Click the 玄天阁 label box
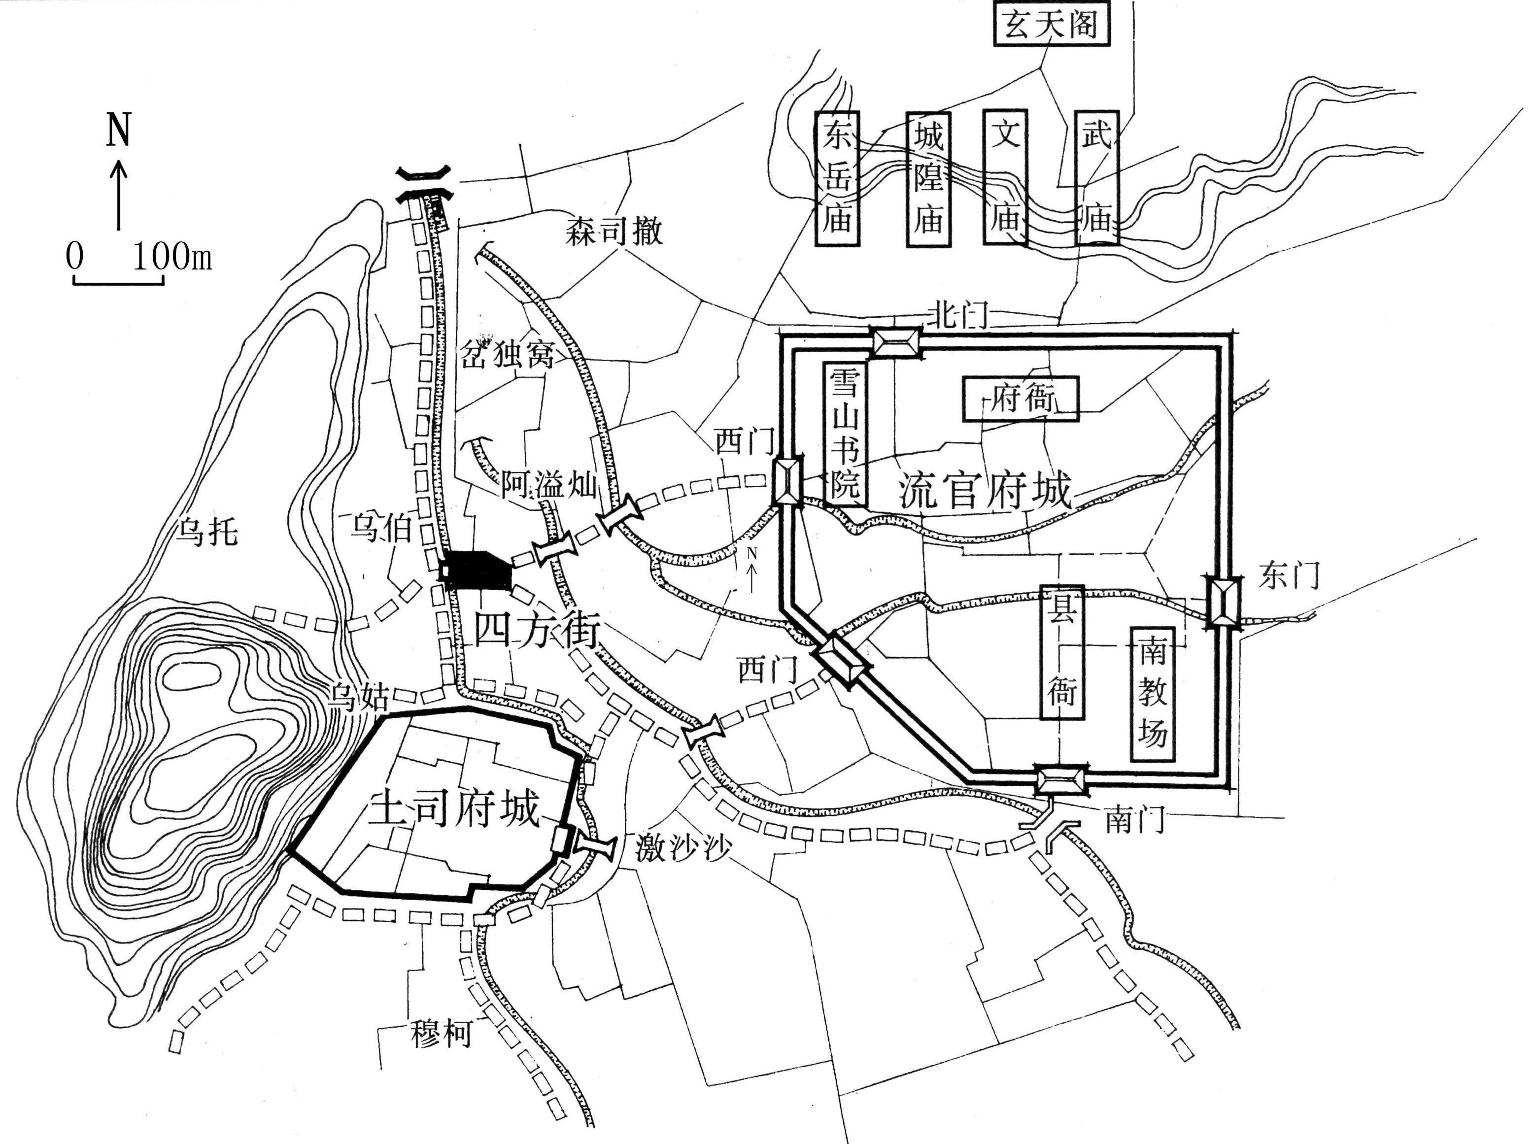tap(1052, 26)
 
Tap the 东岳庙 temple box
tap(837, 179)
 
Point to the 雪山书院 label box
tap(846, 434)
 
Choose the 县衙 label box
tap(1062, 652)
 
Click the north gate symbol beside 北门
tap(896, 342)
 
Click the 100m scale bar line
tap(118, 282)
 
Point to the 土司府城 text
tap(454, 809)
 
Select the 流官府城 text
tap(984, 490)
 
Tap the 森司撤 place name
tap(613, 231)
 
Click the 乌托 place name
tap(207, 531)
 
